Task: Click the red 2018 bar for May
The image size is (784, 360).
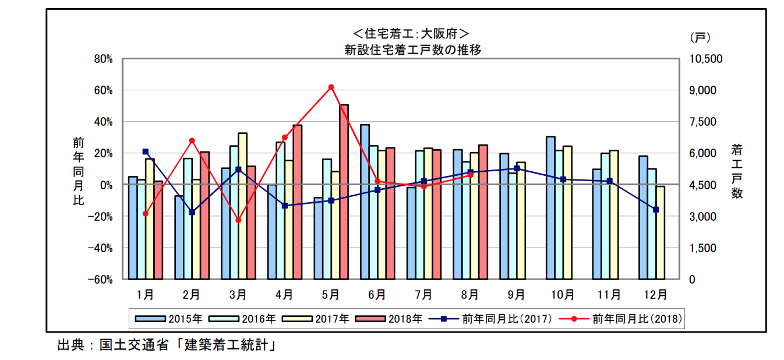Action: pos(344,192)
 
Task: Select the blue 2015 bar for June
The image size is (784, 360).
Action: pos(365,202)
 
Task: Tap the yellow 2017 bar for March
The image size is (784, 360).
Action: pos(242,206)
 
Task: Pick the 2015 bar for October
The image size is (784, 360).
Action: pos(550,207)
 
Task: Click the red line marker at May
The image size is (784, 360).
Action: pos(331,87)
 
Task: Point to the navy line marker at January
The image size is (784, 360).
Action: pos(145,151)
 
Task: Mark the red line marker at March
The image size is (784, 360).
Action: pos(238,220)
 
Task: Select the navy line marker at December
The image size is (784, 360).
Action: pos(655,210)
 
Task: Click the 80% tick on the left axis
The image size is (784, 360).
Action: pos(103,59)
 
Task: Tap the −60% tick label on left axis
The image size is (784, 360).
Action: pos(100,280)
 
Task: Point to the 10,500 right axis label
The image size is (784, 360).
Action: pos(705,59)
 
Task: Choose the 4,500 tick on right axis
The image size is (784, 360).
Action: pos(702,185)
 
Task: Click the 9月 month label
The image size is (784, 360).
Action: pos(516,295)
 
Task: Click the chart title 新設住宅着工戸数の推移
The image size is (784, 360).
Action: pos(412,50)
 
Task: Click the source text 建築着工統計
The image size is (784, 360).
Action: pos(228,345)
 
